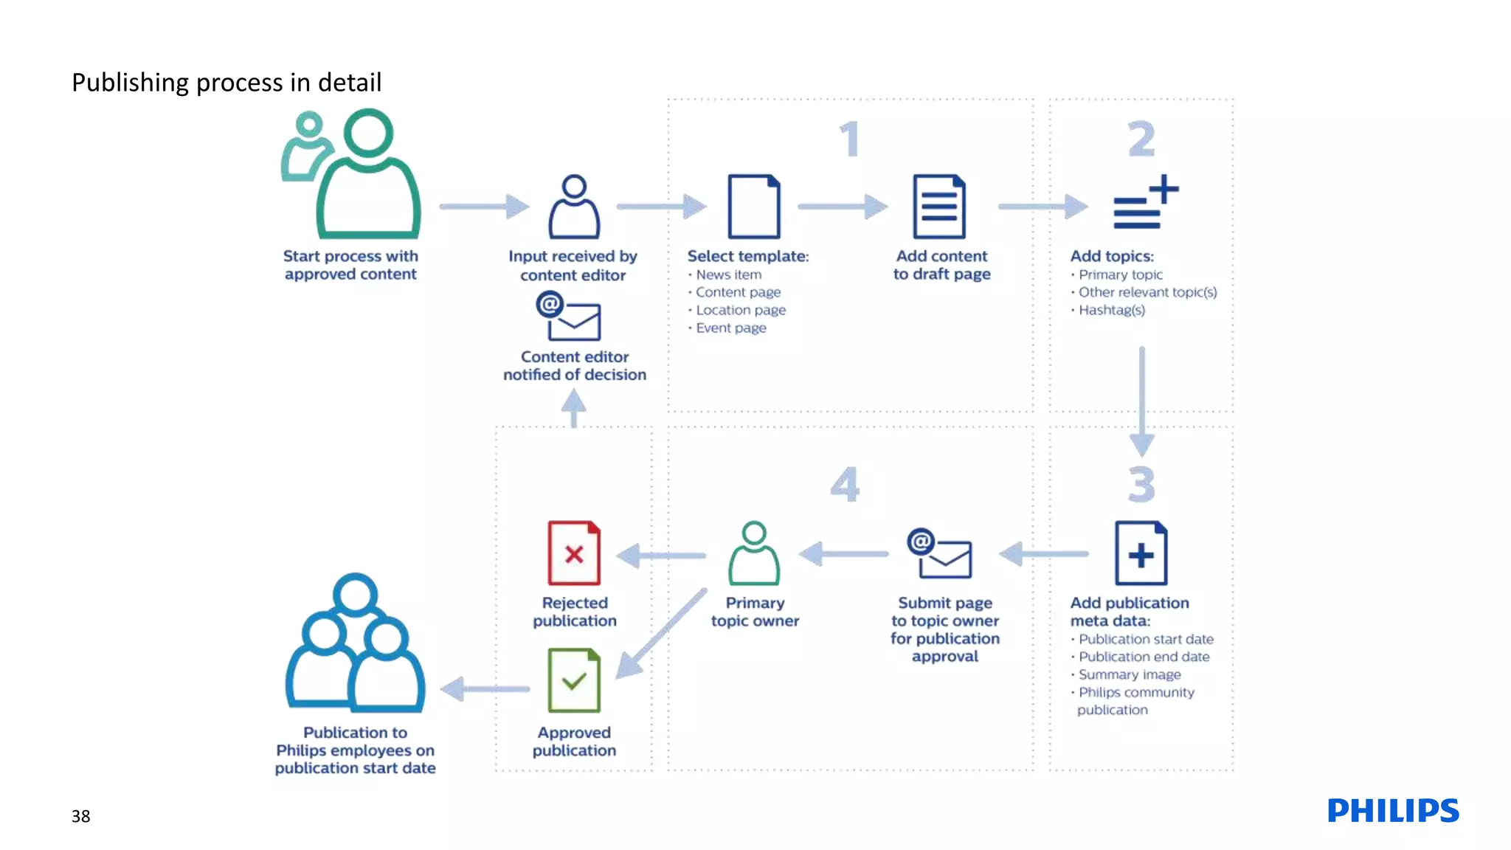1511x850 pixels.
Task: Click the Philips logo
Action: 1392,810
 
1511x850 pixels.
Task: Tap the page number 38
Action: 80,816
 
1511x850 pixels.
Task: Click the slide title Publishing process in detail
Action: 227,83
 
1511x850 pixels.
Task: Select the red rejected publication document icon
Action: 574,553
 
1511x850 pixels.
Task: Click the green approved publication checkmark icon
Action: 574,680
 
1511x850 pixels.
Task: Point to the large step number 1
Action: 850,139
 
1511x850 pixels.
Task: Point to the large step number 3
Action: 1141,485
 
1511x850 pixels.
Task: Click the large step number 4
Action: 845,485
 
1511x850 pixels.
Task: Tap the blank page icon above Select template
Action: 753,207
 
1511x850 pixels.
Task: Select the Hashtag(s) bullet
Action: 1111,311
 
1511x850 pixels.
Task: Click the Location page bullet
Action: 740,311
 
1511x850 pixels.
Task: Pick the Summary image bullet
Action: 1129,674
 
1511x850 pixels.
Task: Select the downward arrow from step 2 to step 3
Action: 1141,402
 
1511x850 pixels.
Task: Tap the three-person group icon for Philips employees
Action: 356,643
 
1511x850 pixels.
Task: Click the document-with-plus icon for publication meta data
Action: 1141,553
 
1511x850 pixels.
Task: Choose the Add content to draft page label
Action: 941,265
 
